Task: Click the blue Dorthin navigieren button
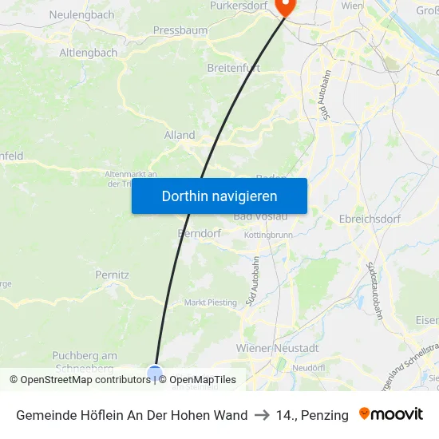219,196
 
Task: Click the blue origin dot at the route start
155,372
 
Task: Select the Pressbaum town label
180,30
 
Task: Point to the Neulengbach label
81,14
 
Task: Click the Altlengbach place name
89,53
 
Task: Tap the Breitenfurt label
233,68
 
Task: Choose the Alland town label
180,135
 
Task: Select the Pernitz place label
113,274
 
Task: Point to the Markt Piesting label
211,303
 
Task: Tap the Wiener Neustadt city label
277,348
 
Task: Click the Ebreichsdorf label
373,219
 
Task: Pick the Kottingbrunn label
268,235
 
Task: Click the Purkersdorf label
237,6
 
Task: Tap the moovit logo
391,414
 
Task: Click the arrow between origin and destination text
262,415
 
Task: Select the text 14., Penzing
312,415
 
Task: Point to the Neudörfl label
307,368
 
